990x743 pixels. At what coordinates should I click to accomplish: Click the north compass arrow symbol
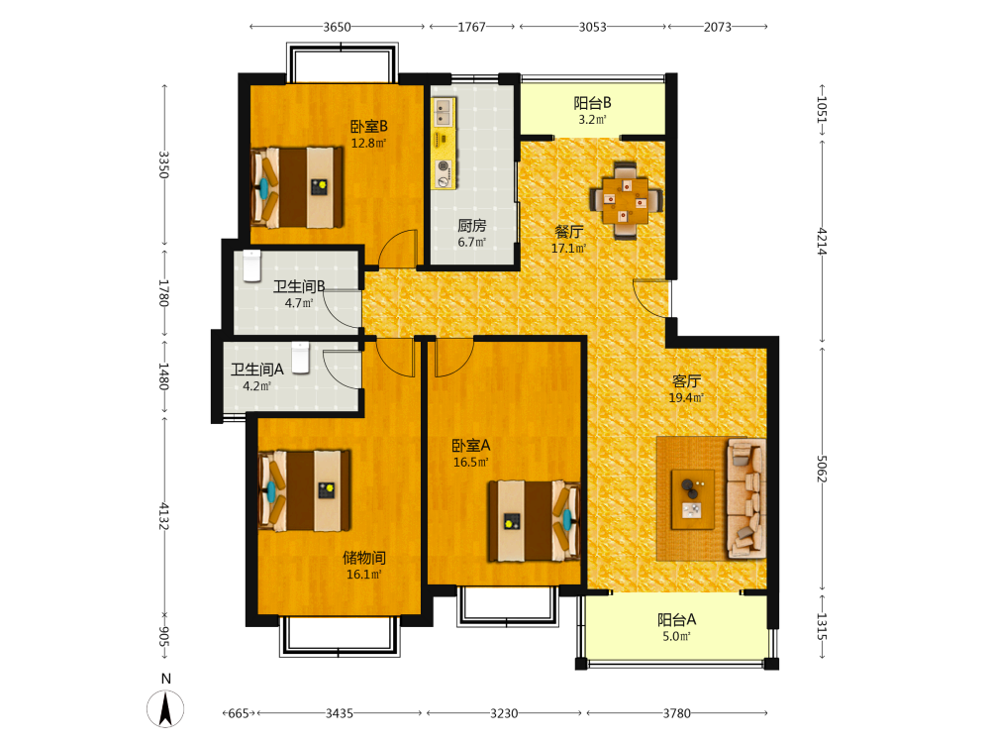point(165,708)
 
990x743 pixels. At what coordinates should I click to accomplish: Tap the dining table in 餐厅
point(625,201)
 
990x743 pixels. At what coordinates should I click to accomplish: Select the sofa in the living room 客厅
point(746,498)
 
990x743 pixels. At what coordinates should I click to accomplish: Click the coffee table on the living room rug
point(693,499)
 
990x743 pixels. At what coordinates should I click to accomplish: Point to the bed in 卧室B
point(297,187)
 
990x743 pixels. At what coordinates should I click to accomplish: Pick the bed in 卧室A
point(534,521)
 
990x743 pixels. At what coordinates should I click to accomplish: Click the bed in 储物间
point(305,490)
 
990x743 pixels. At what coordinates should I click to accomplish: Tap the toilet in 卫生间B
point(251,265)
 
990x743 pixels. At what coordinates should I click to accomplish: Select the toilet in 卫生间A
point(301,357)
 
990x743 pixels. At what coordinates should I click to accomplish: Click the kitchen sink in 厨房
point(444,112)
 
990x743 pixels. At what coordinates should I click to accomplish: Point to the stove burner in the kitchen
point(444,167)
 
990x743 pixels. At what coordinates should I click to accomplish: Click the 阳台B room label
point(592,103)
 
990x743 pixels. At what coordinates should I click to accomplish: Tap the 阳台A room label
point(677,620)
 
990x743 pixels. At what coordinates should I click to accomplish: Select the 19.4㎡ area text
point(686,397)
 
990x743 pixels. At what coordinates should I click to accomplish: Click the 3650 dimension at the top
point(338,27)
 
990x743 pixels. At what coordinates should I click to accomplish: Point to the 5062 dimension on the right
point(822,469)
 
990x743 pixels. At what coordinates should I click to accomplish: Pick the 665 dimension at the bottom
point(238,713)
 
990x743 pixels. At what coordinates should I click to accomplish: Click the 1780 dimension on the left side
point(163,292)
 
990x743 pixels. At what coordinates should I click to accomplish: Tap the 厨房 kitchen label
point(471,226)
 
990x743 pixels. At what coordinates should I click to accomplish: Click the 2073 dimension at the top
point(718,27)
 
